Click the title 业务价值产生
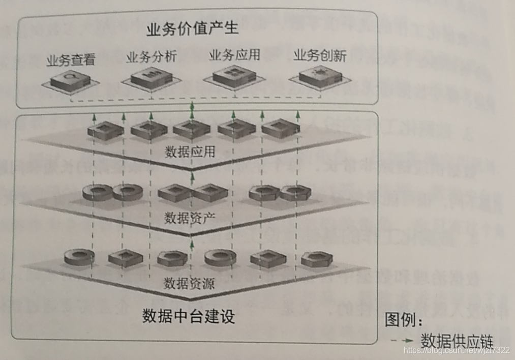pos(192,28)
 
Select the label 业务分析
pos(150,56)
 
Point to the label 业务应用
pos(234,55)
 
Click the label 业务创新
pos(320,56)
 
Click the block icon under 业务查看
pos(70,81)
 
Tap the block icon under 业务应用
pos(234,76)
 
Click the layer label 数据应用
pos(190,152)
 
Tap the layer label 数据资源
pos(189,283)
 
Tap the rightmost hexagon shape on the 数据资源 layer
pos(316,259)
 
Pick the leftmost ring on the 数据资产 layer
pos(97,192)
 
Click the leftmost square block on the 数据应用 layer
pos(105,130)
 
